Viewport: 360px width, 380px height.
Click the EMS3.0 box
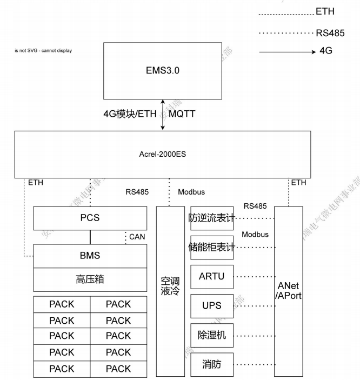click(162, 71)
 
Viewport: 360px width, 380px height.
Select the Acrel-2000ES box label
click(162, 155)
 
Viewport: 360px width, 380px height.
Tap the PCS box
click(90, 219)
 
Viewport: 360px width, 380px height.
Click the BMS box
click(90, 256)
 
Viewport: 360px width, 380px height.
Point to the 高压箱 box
click(90, 279)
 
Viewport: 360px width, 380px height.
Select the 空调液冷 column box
click(170, 291)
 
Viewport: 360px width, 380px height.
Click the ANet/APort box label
click(288, 291)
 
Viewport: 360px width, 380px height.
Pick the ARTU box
click(212, 276)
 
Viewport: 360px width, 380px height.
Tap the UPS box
click(212, 305)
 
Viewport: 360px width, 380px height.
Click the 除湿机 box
click(212, 335)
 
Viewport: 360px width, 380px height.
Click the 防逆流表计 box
click(212, 218)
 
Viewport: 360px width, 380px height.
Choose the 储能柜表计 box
click(212, 248)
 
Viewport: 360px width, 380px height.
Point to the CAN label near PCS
click(137, 236)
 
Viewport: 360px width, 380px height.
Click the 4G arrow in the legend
click(286, 52)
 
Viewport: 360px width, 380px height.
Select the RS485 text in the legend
click(330, 33)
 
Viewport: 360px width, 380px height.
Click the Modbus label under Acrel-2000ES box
click(191, 192)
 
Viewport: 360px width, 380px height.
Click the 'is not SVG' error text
click(43, 51)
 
